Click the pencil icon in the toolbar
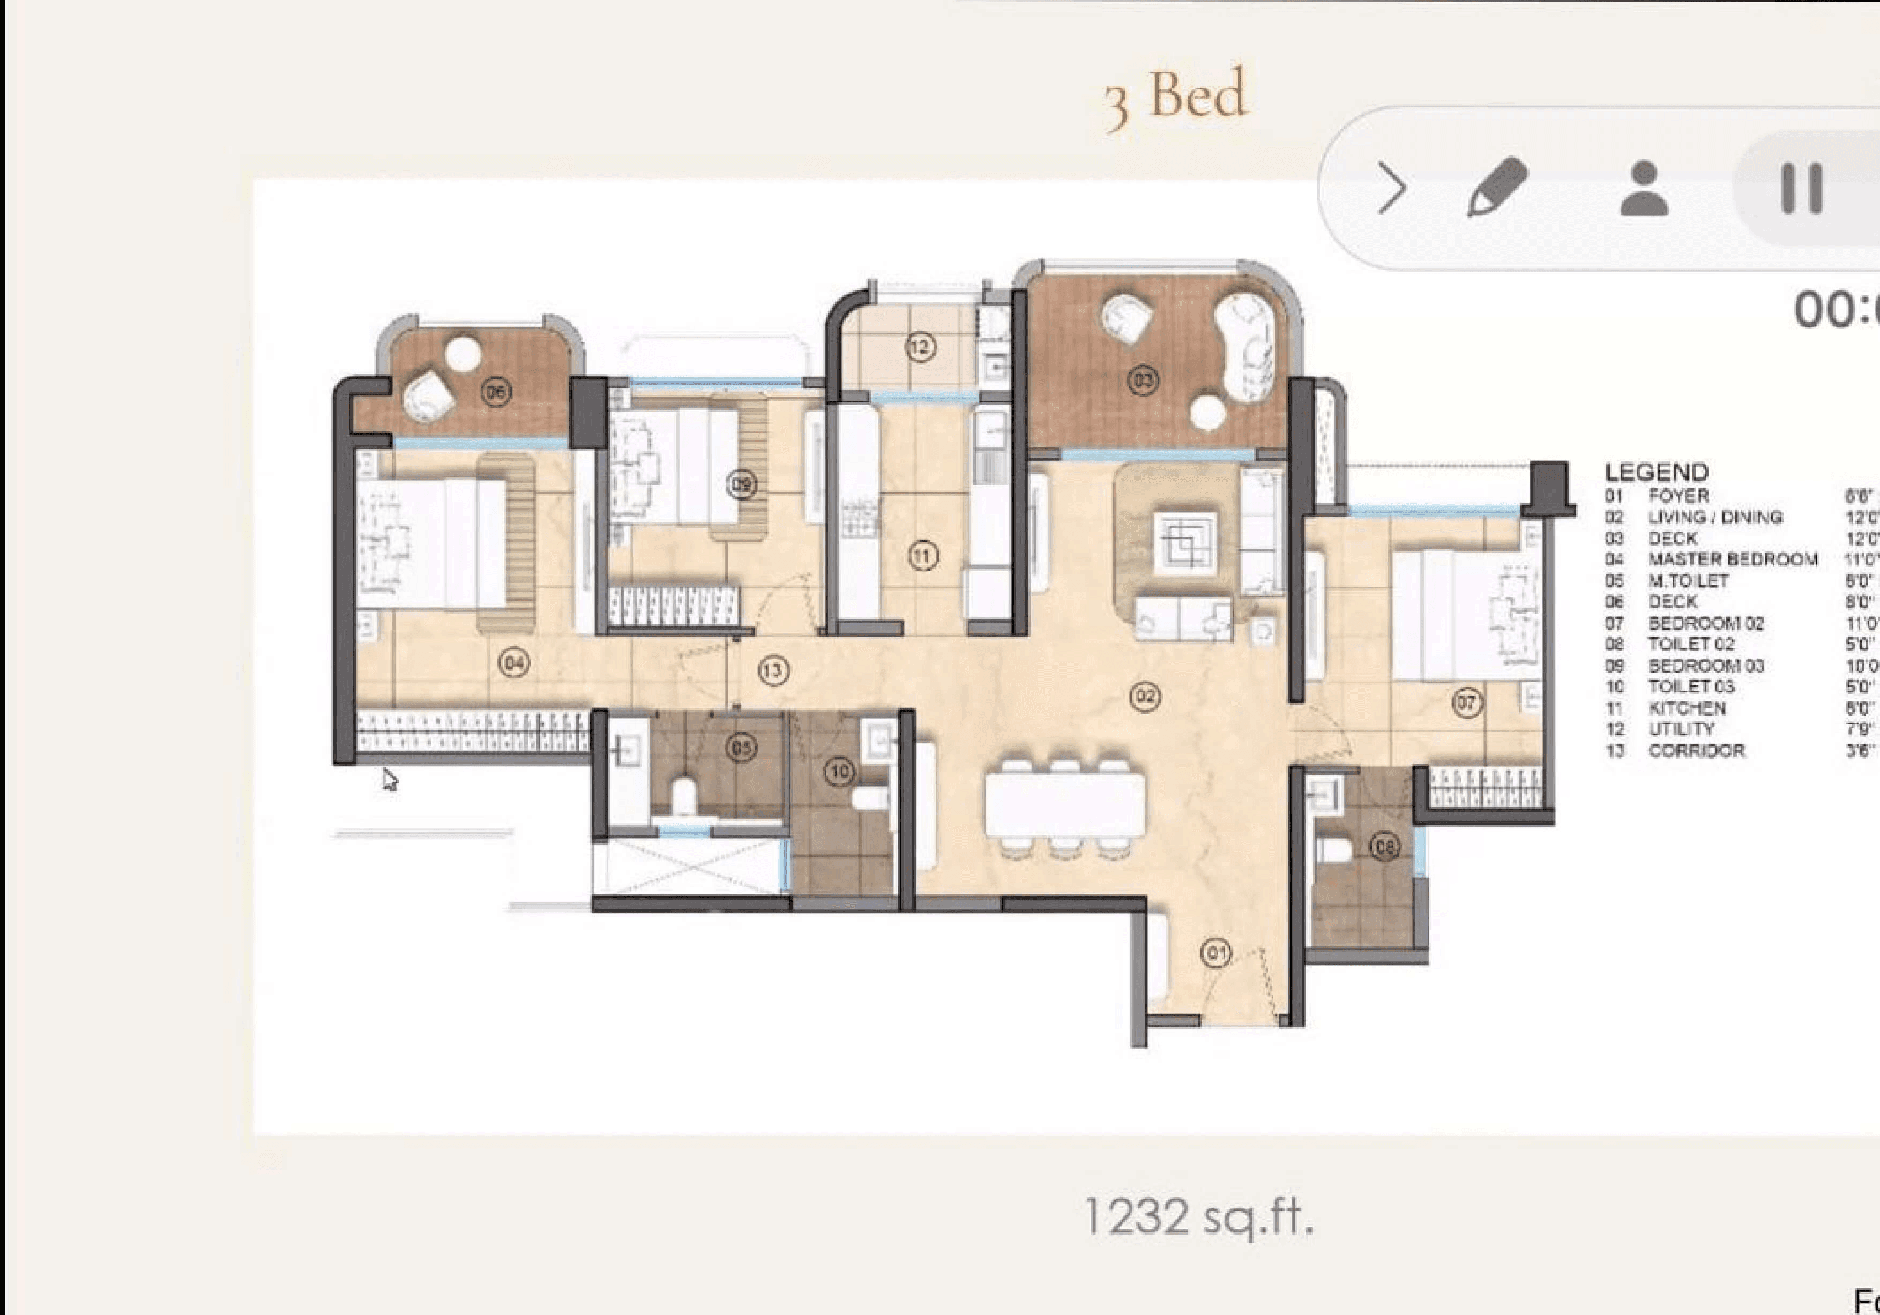(x=1497, y=188)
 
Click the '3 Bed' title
(x=1176, y=98)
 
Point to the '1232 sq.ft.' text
(x=1198, y=1217)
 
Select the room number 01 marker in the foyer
(x=1215, y=952)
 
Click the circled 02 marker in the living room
(x=1145, y=697)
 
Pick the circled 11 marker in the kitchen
(x=923, y=557)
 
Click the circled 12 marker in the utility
(x=920, y=347)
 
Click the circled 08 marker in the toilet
(x=1385, y=847)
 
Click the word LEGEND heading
(x=1657, y=473)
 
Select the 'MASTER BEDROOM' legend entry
(x=1733, y=559)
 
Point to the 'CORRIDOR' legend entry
(x=1696, y=751)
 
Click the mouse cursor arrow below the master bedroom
(x=389, y=779)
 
